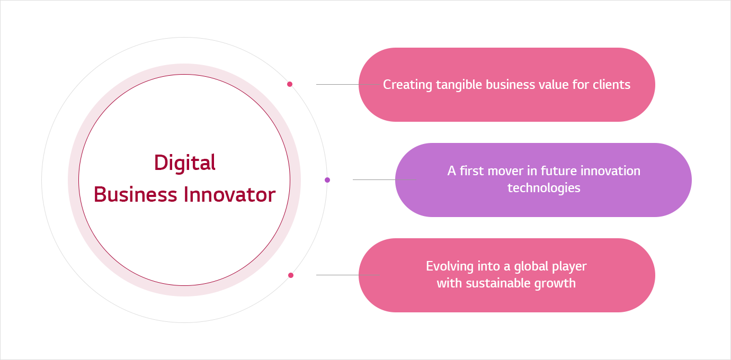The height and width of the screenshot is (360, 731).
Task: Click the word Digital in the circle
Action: (185, 163)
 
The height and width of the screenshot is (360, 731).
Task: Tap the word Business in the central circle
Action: (136, 195)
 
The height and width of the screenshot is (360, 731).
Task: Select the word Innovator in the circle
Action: (230, 195)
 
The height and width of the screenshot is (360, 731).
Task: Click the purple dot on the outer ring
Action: (327, 180)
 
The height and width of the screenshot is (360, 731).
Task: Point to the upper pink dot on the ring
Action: (290, 84)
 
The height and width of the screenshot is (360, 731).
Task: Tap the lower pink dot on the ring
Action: (291, 275)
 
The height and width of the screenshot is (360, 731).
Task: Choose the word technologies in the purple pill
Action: (544, 188)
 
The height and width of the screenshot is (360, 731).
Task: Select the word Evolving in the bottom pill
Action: (450, 267)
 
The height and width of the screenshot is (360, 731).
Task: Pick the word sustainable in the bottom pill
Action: (498, 283)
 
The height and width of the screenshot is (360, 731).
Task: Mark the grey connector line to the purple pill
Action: (384, 179)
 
